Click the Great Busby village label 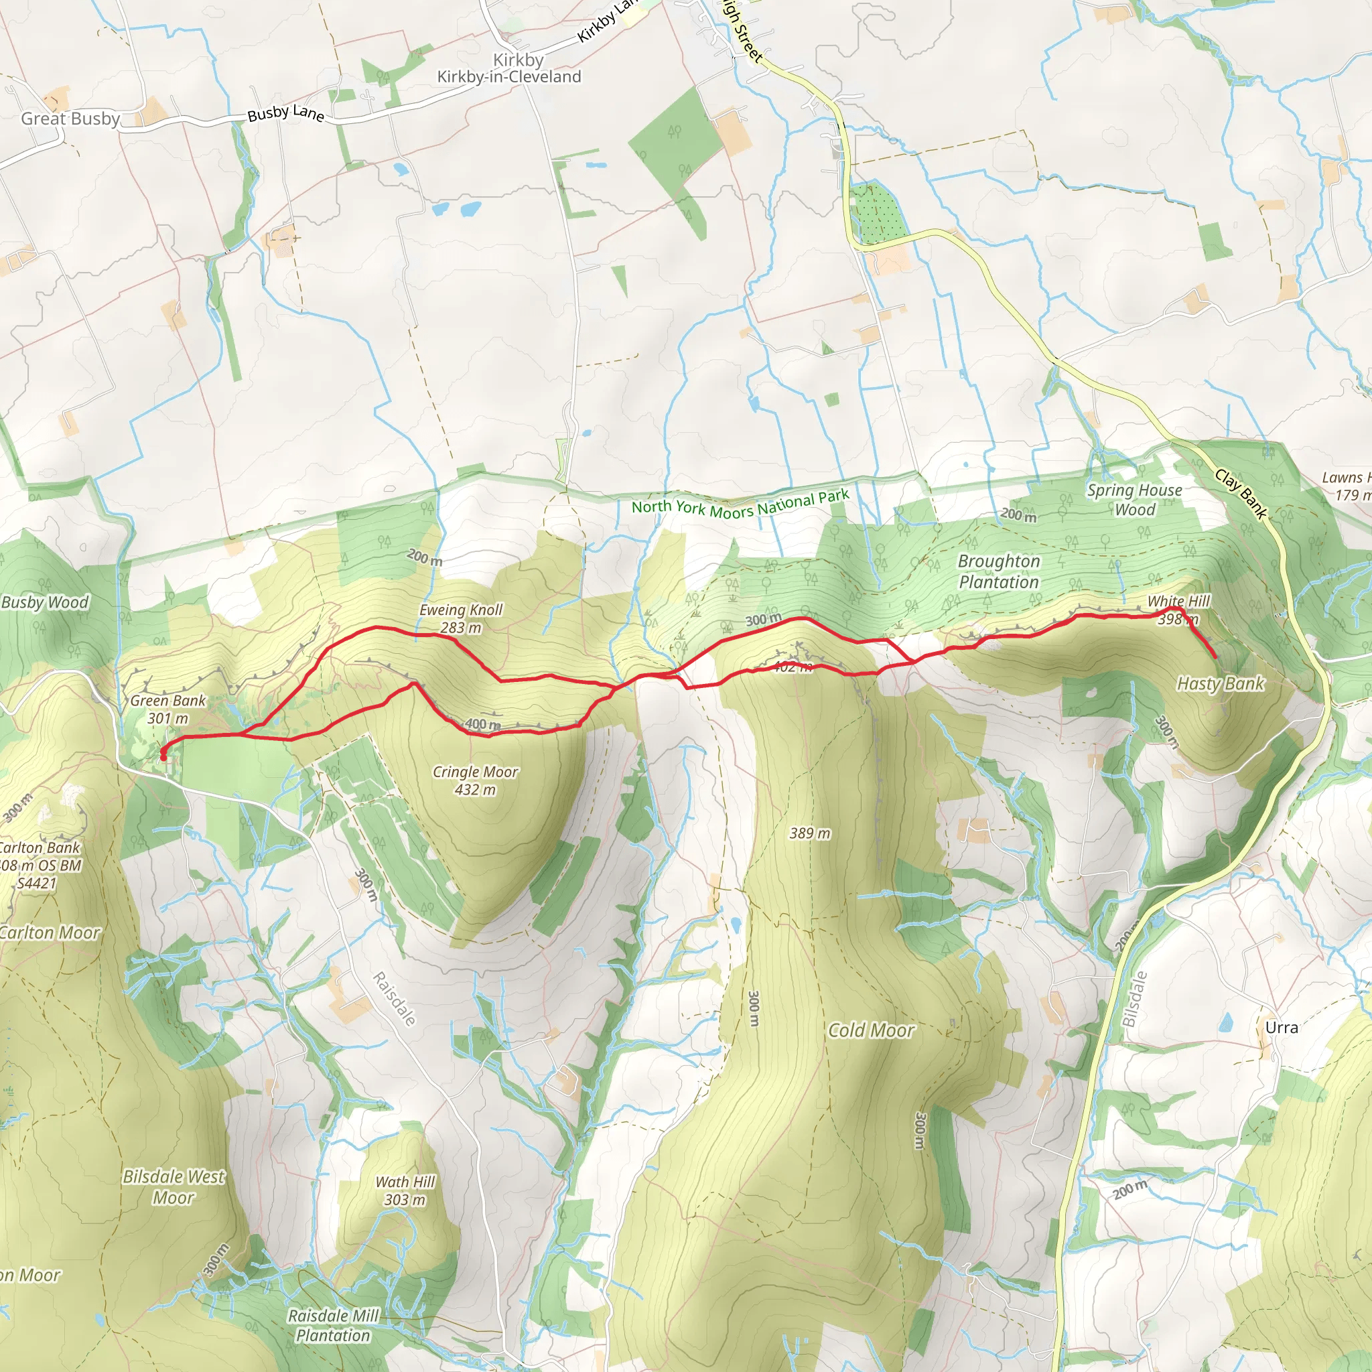tap(70, 119)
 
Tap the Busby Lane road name tap(285, 114)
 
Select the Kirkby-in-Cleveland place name tap(508, 76)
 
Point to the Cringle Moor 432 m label tap(475, 780)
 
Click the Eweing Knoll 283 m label tap(460, 618)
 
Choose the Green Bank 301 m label tap(167, 709)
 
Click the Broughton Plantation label tap(998, 571)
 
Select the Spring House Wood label tap(1134, 499)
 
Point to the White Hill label tap(1178, 602)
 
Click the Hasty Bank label tap(1220, 684)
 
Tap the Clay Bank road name tap(1241, 494)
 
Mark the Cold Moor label tap(871, 1030)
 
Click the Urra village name tap(1281, 1028)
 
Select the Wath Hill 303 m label tap(405, 1191)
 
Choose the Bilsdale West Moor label tap(174, 1186)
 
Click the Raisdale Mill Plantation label tap(333, 1325)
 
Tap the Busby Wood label tap(45, 602)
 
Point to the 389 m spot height tap(809, 833)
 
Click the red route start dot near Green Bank tap(163, 757)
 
